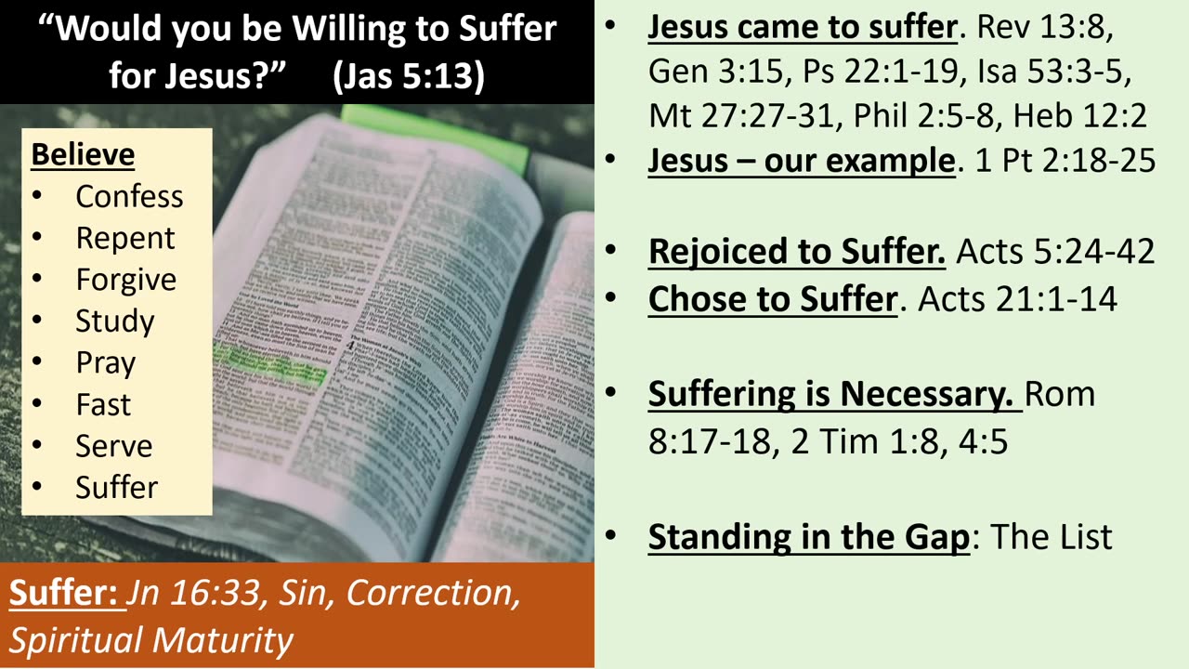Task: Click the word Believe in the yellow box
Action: (83, 154)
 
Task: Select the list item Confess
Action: (129, 196)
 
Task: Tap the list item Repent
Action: (124, 238)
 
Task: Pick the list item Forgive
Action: (125, 280)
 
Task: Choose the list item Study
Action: (115, 321)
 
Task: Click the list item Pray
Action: (105, 362)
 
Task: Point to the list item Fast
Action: (103, 404)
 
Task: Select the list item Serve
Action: (113, 446)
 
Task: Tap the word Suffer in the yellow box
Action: (116, 487)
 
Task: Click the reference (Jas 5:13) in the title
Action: (409, 75)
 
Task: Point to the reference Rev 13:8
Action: (1044, 28)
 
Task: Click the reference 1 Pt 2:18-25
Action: (1065, 161)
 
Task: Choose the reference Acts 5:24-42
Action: (1055, 251)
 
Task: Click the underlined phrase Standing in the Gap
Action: (808, 536)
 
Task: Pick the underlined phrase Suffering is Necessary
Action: (830, 394)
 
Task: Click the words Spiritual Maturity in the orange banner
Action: (150, 639)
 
